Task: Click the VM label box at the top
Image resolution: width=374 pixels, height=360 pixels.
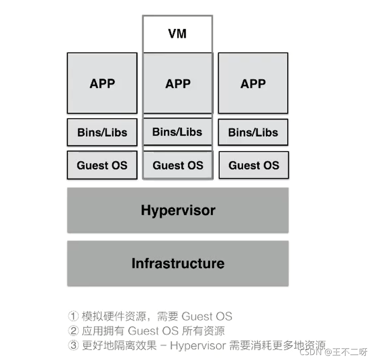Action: coord(178,34)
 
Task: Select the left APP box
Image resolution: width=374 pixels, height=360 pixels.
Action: coord(102,83)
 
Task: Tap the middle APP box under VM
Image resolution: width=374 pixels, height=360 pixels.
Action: coord(178,83)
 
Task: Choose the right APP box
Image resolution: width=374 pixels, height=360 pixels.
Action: coord(253,83)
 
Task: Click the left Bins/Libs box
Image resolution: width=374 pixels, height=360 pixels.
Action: coord(102,133)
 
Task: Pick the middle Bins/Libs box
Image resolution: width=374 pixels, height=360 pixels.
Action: coord(177,132)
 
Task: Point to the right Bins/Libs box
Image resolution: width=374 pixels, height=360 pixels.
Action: coord(253,133)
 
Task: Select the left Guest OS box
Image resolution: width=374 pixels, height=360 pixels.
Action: coord(102,165)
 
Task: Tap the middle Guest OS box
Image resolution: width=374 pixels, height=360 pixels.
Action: coord(178,165)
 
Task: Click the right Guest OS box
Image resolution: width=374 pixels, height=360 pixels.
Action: coord(253,165)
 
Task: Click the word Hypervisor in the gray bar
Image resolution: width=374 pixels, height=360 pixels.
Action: coord(178,210)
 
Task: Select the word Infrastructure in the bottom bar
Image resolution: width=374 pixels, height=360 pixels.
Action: coord(178,263)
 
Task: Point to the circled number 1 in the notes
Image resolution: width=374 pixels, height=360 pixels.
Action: coord(73,317)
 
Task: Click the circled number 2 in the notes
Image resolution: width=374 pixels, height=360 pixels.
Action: coord(73,331)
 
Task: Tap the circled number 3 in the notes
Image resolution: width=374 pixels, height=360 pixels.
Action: coord(73,346)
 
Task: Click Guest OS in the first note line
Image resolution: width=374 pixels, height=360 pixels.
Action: coord(207,317)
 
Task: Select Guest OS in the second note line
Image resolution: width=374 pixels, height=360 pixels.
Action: coord(154,331)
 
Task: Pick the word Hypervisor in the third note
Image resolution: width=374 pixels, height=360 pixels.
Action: coord(198,346)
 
